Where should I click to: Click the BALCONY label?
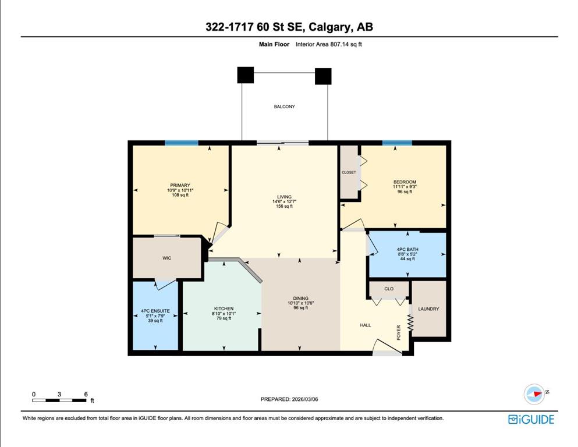coord(284,107)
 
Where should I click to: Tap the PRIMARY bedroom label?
coord(180,185)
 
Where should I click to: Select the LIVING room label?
coord(284,197)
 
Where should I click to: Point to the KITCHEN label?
coord(224,309)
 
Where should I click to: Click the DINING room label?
coord(301,298)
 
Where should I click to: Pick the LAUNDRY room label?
coord(428,309)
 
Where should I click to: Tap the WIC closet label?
coord(166,258)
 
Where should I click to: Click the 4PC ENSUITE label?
coord(155,311)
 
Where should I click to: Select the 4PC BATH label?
coord(407,250)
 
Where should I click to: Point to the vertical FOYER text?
coord(399,333)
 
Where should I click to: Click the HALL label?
coord(366,325)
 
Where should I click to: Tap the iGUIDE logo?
coord(531,420)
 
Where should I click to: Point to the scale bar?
coord(59,400)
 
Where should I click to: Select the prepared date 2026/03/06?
coord(304,399)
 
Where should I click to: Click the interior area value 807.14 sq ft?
coord(345,44)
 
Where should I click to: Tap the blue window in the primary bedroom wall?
coord(182,143)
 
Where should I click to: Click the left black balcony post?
coord(246,75)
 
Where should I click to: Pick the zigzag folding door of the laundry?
coord(410,322)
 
